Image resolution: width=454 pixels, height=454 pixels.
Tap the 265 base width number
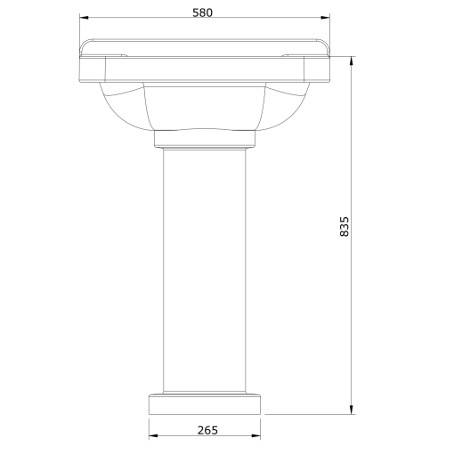(x=206, y=429)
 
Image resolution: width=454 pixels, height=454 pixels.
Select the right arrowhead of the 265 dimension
(x=258, y=436)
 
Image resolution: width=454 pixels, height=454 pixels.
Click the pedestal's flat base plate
(x=206, y=404)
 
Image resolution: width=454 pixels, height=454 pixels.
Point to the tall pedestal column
(x=206, y=267)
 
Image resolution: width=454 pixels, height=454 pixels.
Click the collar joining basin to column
(x=206, y=139)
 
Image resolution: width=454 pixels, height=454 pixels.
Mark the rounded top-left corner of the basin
(x=85, y=44)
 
